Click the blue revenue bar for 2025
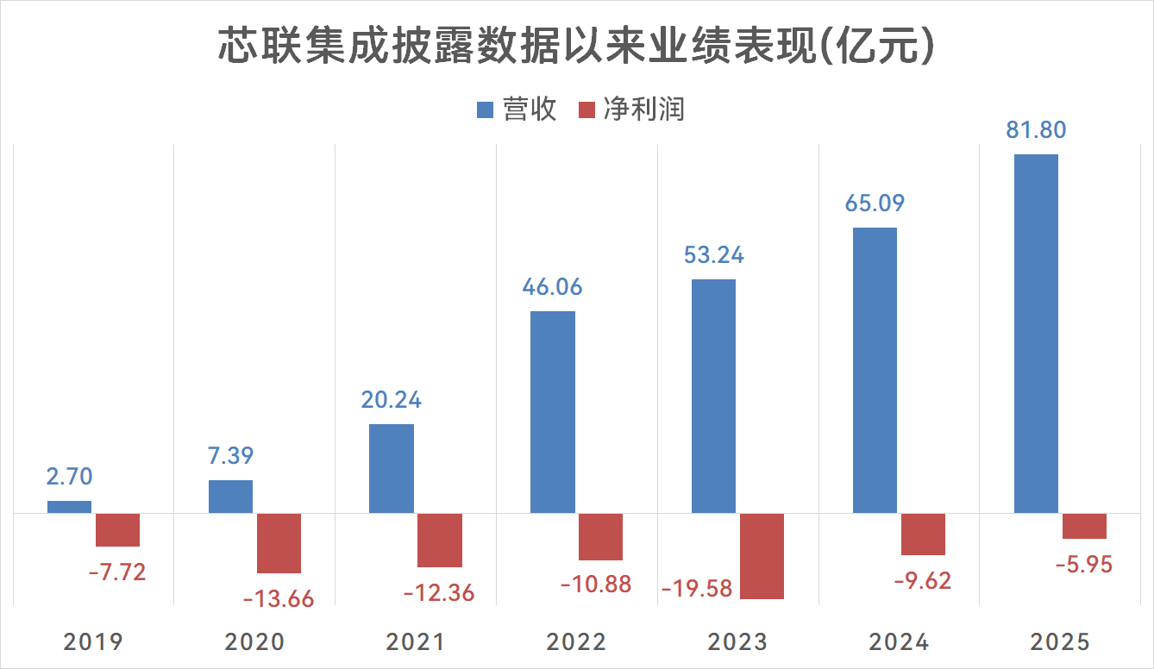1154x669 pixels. (x=1036, y=334)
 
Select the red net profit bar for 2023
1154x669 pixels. (x=762, y=556)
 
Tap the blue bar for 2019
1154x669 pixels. (x=69, y=507)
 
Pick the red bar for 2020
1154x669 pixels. (x=279, y=543)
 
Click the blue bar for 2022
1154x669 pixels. (x=553, y=412)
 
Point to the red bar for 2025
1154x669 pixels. (x=1084, y=526)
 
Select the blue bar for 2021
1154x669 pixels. (x=392, y=469)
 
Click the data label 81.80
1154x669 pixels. (x=1036, y=131)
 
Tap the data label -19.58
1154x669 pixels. (x=697, y=589)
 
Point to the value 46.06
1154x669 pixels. (x=553, y=287)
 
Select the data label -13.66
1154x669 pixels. (x=279, y=599)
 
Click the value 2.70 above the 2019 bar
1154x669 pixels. (x=69, y=477)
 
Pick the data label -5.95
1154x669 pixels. (x=1084, y=566)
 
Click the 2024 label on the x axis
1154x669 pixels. (x=899, y=642)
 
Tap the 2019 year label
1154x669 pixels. (x=93, y=642)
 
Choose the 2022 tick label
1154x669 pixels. (x=576, y=642)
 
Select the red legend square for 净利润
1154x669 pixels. (x=586, y=109)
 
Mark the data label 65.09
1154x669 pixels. (x=875, y=204)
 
